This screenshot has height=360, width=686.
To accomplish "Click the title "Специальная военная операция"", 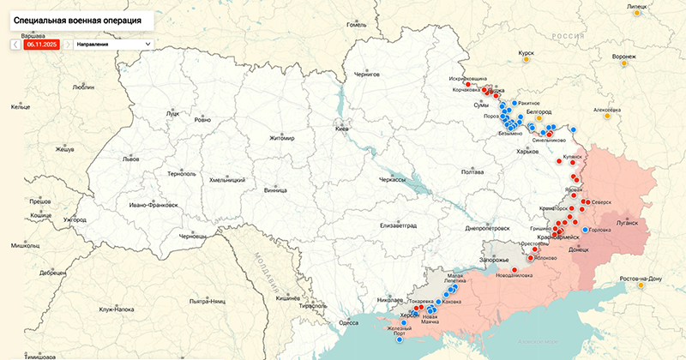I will click(x=77, y=18).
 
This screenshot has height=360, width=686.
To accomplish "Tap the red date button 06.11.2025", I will click(x=42, y=44).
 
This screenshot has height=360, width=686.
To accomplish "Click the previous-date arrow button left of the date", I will click(x=15, y=44).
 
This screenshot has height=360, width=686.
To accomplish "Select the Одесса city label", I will click(x=348, y=322).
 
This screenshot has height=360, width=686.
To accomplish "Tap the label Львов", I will click(x=106, y=159).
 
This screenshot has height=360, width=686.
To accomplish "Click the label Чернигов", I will click(x=366, y=75).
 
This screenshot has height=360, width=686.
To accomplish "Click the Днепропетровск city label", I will click(x=487, y=229).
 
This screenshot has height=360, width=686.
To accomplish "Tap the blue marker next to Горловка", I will click(x=585, y=230).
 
